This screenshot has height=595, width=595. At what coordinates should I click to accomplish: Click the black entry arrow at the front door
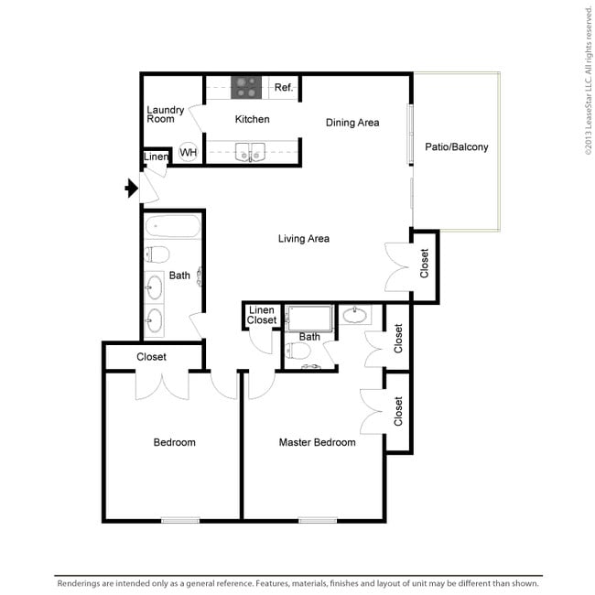pos(131,188)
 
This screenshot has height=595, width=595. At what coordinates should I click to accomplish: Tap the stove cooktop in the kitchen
pos(246,87)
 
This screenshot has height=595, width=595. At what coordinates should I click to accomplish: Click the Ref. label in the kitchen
pos(284,88)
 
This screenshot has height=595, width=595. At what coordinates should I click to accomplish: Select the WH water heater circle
pos(189,152)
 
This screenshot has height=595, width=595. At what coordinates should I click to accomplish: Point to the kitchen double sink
pos(250,152)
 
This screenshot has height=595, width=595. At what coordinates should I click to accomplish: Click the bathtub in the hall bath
pos(173,226)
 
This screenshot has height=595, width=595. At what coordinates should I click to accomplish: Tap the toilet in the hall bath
pos(157,254)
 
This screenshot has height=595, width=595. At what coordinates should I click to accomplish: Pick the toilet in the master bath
pos(297,351)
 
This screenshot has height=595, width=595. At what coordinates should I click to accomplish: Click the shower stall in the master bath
pos(309,319)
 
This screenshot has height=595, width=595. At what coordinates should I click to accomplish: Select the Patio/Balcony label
pos(457,146)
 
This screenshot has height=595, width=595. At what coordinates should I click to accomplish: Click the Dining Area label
pos(352,123)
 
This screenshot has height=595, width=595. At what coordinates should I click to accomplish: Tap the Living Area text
pos(304,239)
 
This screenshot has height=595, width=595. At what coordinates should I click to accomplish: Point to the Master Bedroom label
pos(318,442)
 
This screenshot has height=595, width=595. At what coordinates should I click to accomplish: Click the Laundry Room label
pos(166,114)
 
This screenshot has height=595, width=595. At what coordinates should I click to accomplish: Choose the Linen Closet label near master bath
pos(262,315)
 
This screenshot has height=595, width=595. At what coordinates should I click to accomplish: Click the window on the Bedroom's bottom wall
pos(180,520)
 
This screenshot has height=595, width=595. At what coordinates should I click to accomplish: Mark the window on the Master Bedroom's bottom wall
pos(318,520)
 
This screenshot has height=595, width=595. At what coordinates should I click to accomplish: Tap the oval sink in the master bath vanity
pos(355,315)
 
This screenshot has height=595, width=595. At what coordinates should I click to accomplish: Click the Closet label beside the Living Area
pos(424,264)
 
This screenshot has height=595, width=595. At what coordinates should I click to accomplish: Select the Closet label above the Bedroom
pos(151,357)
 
